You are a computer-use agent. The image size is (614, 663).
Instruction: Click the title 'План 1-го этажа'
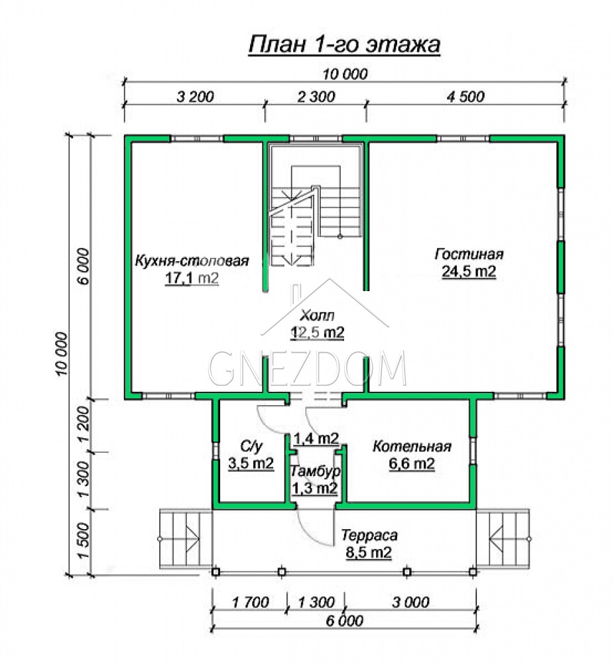344,44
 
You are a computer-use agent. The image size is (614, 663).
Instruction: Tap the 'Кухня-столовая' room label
192,261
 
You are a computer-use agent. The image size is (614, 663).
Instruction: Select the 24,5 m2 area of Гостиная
469,271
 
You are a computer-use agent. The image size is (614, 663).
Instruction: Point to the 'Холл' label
317,315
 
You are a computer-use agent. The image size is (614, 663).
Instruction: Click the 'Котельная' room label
412,446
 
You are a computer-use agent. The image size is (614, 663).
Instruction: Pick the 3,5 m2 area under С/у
251,463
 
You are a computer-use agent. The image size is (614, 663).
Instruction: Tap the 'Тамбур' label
316,471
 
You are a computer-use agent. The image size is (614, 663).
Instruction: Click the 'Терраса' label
369,535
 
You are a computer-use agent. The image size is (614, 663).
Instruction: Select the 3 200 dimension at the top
195,97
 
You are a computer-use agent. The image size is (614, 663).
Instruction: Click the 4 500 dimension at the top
465,97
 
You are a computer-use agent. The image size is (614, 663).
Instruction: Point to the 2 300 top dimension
316,97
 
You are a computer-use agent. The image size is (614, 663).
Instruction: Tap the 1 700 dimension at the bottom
251,602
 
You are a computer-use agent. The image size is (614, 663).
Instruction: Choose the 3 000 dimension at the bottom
410,602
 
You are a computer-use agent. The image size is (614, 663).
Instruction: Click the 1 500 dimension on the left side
84,541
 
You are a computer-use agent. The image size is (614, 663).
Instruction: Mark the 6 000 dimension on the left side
84,266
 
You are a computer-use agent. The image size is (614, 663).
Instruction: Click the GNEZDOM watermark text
308,368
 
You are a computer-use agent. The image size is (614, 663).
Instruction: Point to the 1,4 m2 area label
316,438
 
